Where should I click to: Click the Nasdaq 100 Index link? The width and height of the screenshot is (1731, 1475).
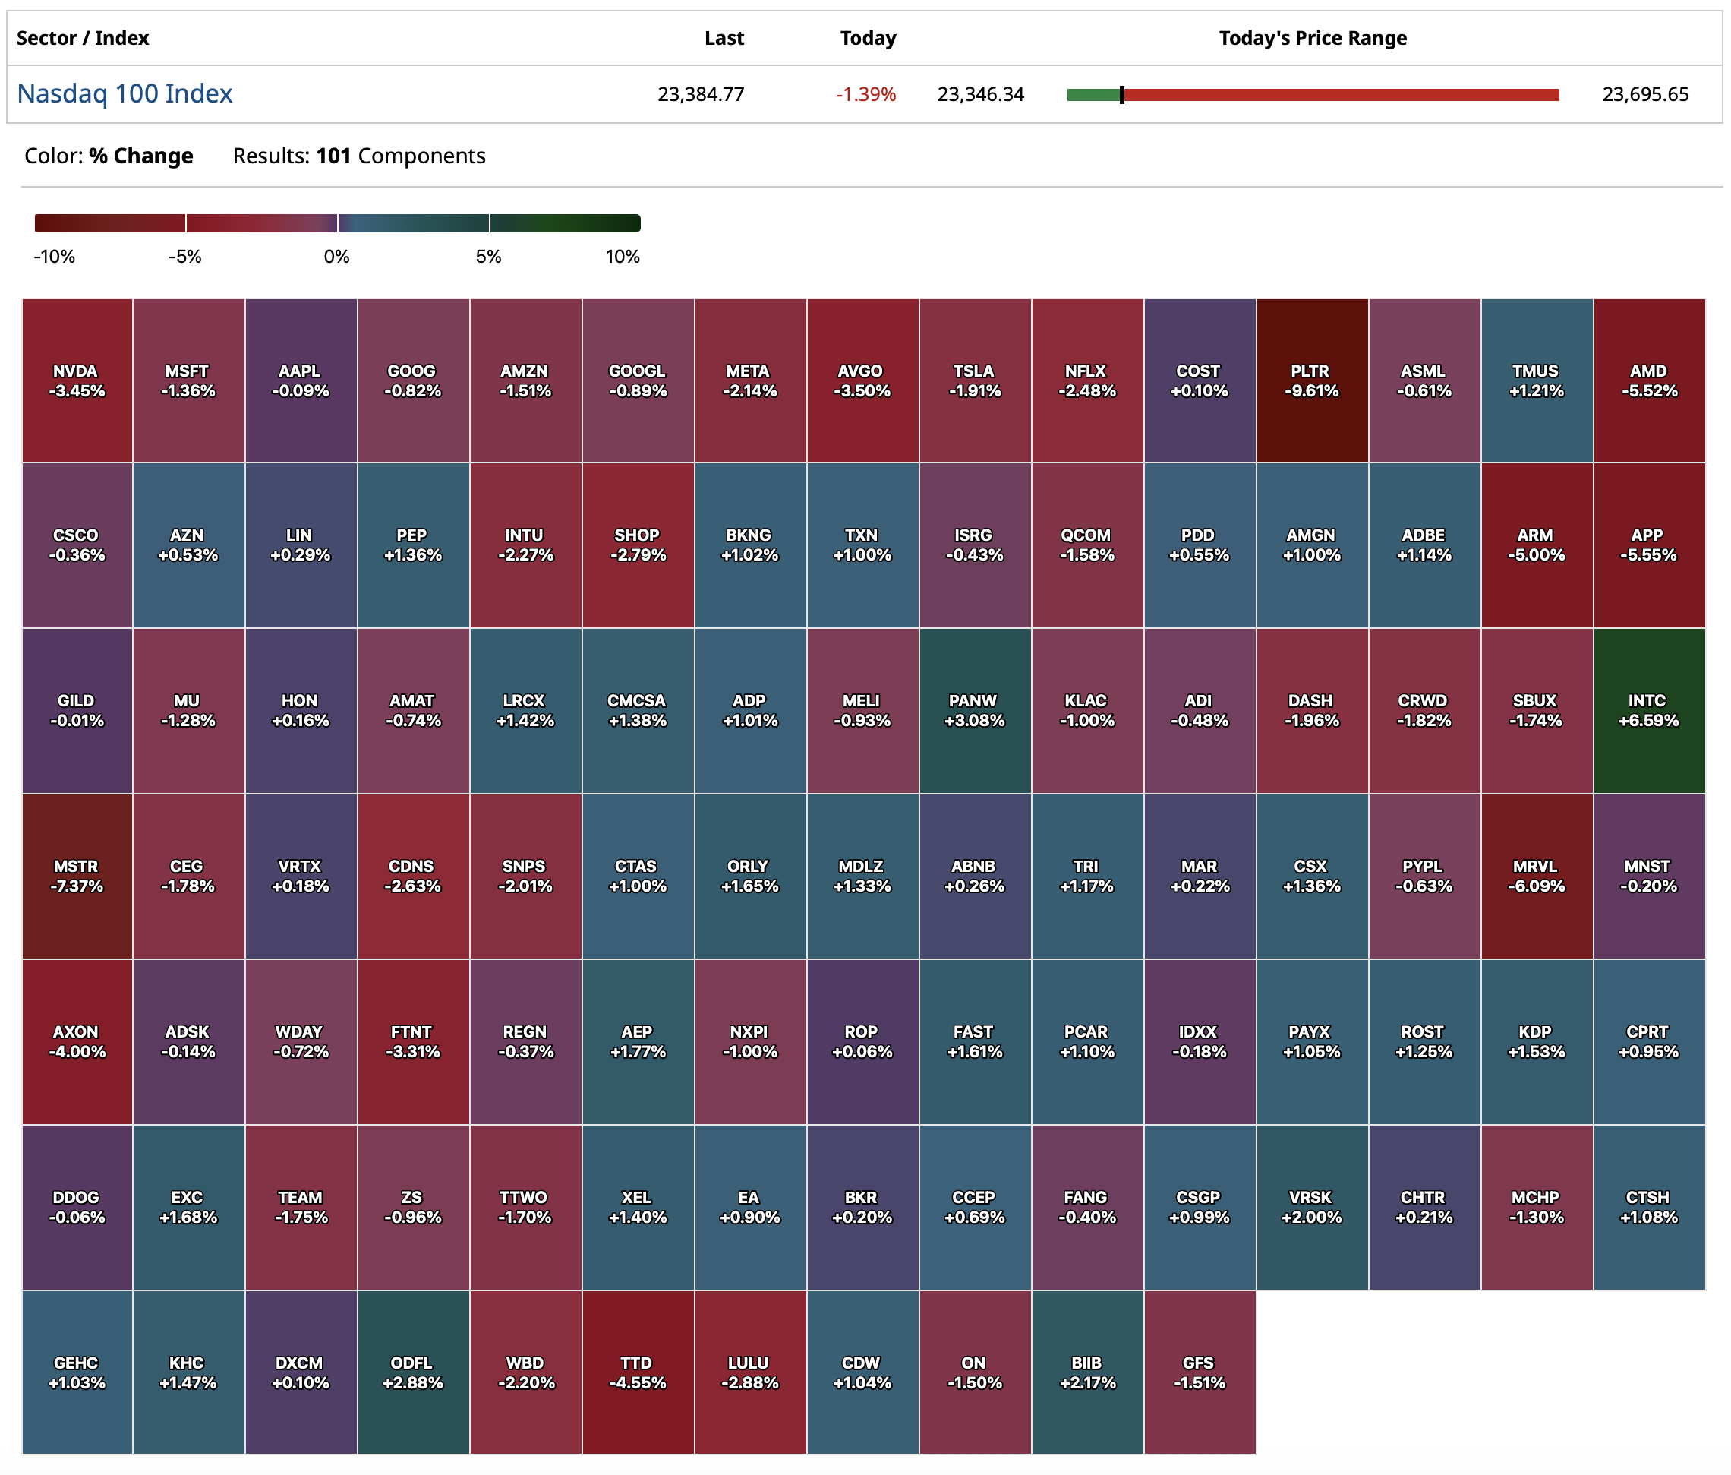click(125, 93)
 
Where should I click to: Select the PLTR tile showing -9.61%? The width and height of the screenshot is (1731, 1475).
click(1312, 381)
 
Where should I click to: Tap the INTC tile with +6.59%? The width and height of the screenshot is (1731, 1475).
click(1648, 710)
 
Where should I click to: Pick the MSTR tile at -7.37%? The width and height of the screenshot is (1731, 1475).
click(77, 876)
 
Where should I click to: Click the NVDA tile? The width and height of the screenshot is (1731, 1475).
click(77, 381)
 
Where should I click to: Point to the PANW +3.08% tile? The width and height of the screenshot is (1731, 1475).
click(974, 710)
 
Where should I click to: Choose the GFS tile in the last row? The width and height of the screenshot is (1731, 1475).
click(1199, 1372)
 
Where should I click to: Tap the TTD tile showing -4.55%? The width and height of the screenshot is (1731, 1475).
click(638, 1372)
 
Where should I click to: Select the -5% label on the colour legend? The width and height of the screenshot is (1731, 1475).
click(184, 257)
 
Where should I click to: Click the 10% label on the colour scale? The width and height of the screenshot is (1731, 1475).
click(623, 257)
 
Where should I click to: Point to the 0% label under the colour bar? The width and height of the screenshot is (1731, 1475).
click(336, 257)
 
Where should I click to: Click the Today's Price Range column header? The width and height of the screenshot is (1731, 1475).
click(1313, 39)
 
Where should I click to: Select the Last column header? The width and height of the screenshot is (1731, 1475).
click(724, 39)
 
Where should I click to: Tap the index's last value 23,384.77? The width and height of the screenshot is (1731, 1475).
click(700, 94)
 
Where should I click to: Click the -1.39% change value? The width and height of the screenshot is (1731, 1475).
click(865, 94)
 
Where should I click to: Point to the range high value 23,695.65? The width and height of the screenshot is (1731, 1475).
click(1645, 94)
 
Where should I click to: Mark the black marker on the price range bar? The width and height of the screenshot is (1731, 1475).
click(1122, 94)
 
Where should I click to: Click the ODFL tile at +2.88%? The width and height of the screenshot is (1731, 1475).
click(413, 1372)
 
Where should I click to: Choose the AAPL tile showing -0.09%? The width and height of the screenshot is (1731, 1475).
click(301, 381)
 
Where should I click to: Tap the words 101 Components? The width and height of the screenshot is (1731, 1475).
click(400, 156)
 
